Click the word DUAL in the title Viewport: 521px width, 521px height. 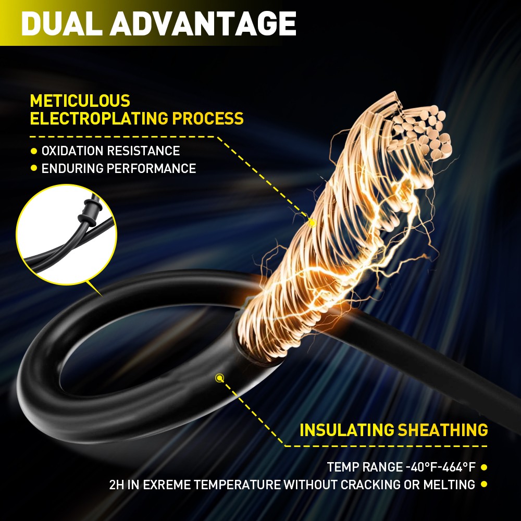62,23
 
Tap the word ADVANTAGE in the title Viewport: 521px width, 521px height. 203,23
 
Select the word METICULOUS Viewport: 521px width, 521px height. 80,101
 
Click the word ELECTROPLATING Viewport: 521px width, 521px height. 99,119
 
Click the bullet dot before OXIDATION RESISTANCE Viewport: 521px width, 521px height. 33,151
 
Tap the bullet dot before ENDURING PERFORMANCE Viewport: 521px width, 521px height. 33,168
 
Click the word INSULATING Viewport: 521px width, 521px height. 346,430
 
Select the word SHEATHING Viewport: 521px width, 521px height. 443,430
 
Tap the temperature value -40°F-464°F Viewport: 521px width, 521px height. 441,467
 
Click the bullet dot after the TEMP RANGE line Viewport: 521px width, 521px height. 484,467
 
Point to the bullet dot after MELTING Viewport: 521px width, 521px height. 484,485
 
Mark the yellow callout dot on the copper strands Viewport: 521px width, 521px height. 312,223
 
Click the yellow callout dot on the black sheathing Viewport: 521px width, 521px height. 219,378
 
